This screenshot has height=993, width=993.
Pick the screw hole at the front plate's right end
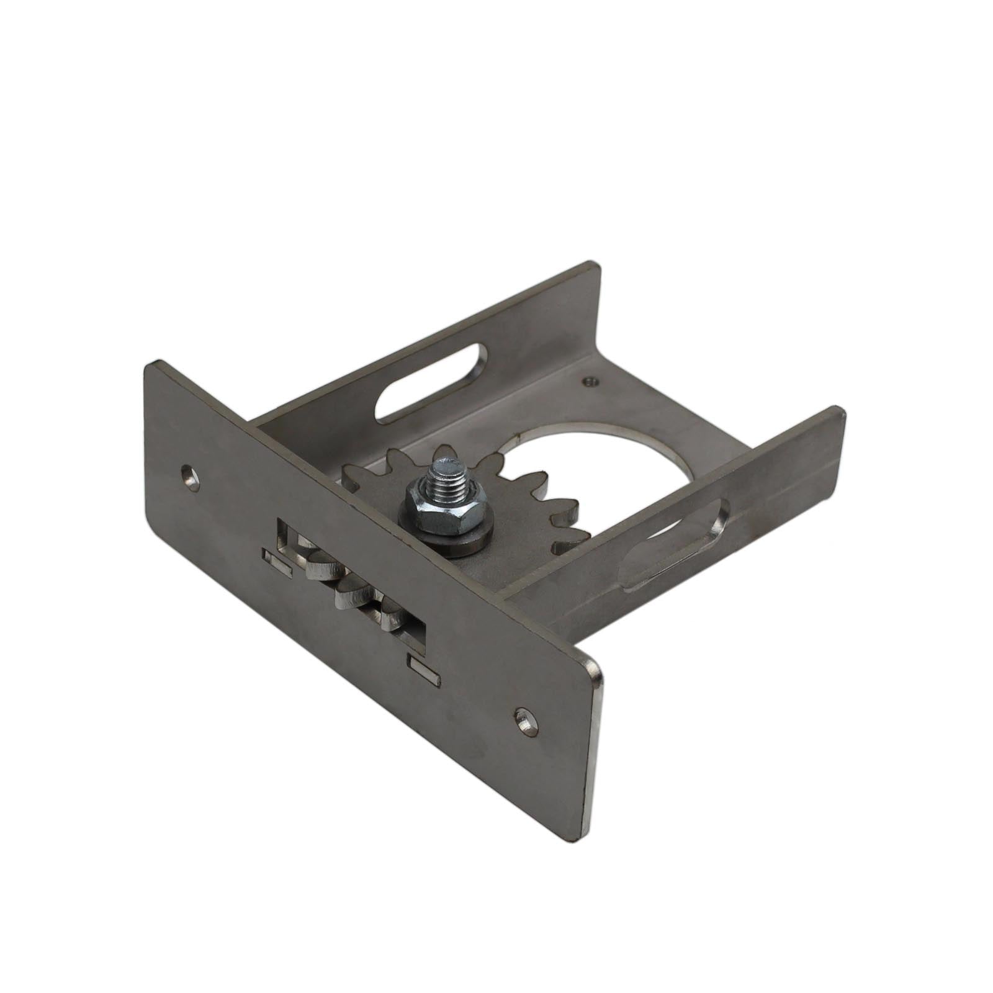(x=526, y=722)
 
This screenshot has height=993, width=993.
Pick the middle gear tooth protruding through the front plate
(x=353, y=596)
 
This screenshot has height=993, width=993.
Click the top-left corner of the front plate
(x=150, y=366)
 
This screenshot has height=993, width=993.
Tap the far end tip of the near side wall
(x=838, y=413)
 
